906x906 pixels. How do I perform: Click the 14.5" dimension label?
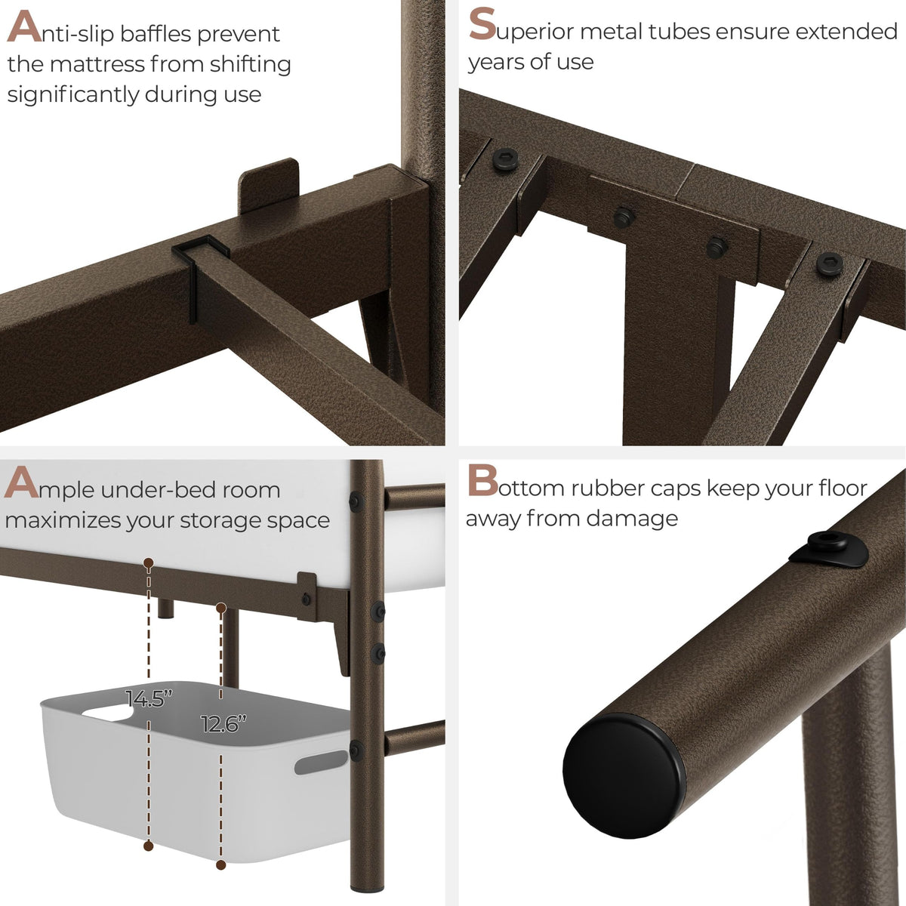coord(149,698)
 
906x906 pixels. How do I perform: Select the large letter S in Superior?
coord(482,24)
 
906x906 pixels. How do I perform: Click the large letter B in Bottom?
coord(482,480)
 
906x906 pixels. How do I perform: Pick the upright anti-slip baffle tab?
coord(268,185)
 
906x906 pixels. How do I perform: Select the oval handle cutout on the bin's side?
coord(321,763)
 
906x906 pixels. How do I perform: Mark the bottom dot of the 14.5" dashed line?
coord(149,846)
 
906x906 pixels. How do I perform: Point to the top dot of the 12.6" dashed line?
coord(221,609)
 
